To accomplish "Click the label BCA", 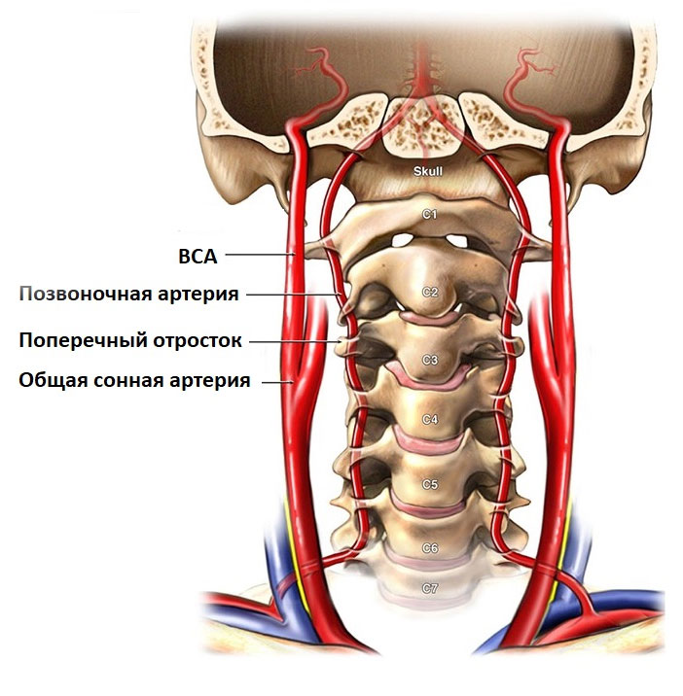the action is coord(198,257).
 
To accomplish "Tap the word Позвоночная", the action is coord(85,295).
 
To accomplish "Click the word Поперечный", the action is coord(83,340).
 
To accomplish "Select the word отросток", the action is coord(198,341).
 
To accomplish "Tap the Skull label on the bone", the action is coord(427,171).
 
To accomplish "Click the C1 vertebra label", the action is coord(429,215).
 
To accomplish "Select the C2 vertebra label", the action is coord(430,292).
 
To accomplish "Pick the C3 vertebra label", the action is coord(430,360).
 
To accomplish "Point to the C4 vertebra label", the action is coord(430,420).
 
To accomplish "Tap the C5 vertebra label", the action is coord(430,484).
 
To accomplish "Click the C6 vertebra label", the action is coord(430,548).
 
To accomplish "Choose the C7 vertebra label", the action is coord(430,588).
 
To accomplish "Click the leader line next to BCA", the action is coord(260,255).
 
